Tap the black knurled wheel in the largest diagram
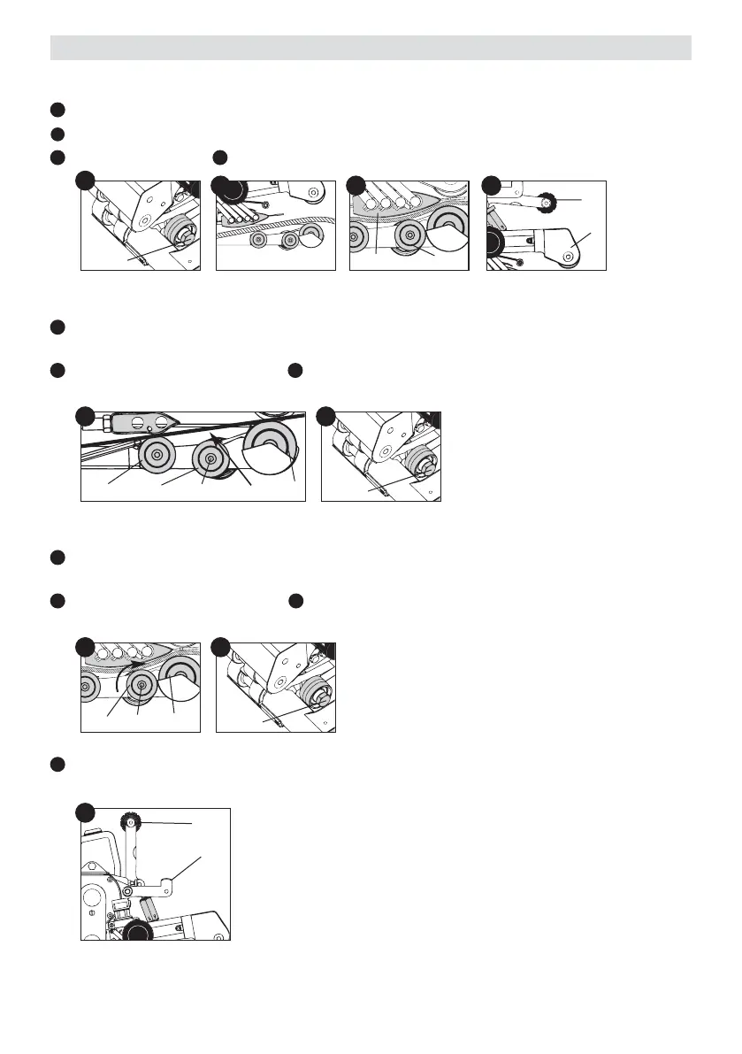coord(137,932)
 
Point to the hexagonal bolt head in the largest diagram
coord(128,891)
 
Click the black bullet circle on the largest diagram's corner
coord(85,812)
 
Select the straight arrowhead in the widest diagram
coord(216,435)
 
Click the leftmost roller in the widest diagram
coord(156,456)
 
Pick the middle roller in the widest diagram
coord(210,458)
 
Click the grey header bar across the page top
coord(371,48)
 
